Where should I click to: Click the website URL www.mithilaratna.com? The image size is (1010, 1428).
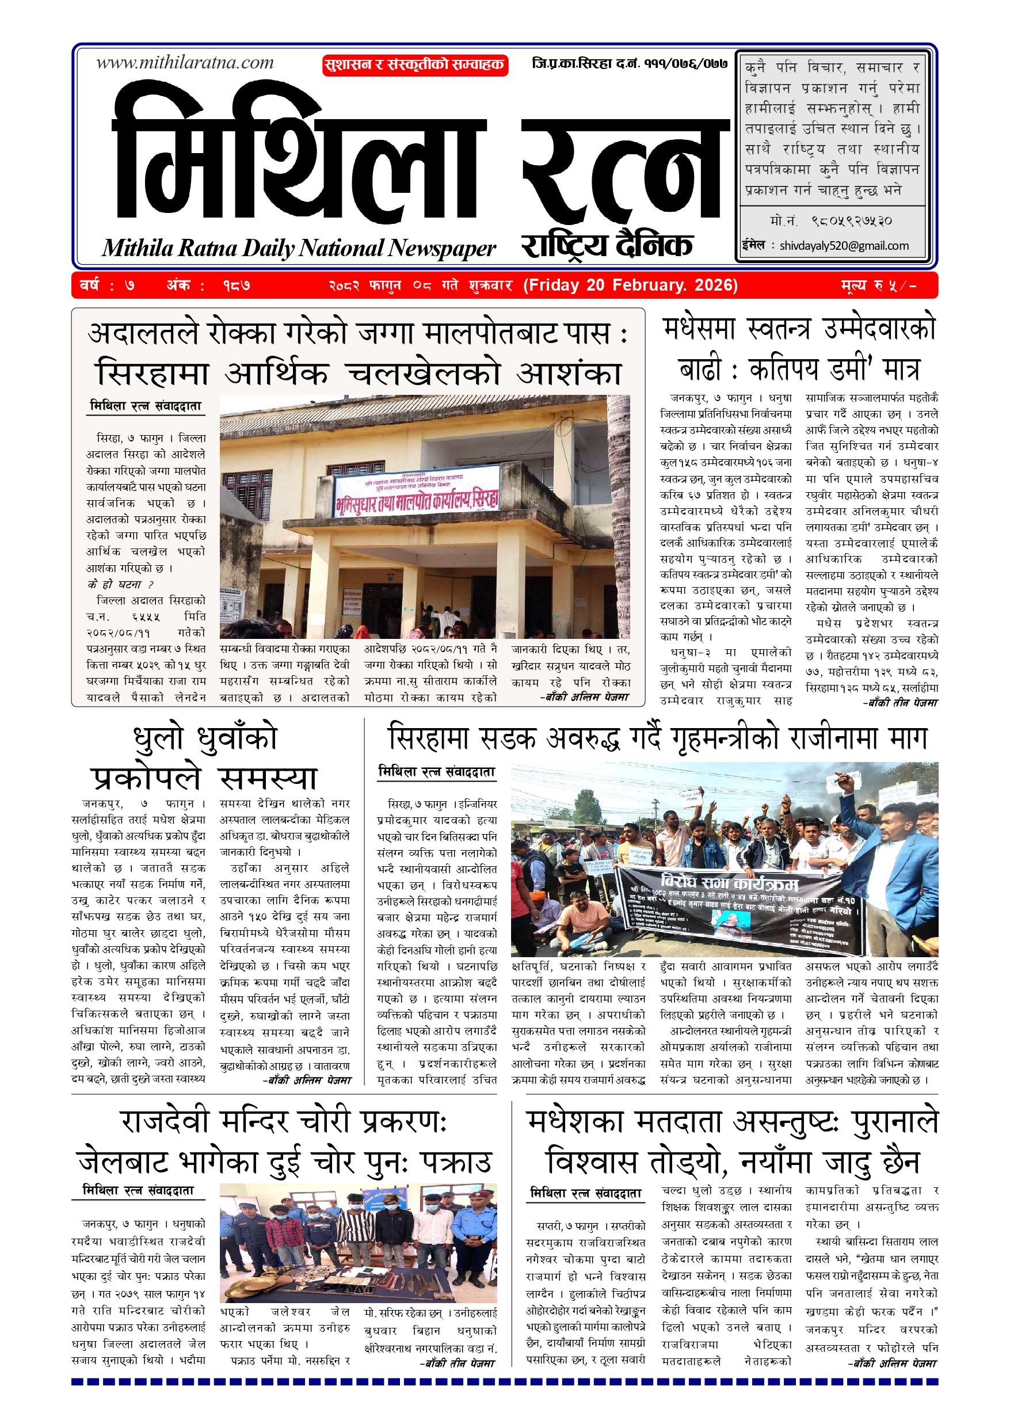coord(185,63)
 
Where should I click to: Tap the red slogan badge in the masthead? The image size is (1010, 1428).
coord(415,64)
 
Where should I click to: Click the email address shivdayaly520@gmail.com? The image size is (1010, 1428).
coord(844,246)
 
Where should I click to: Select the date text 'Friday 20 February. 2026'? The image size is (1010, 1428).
coord(630,285)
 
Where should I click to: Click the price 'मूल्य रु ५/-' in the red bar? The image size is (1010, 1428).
coord(878,285)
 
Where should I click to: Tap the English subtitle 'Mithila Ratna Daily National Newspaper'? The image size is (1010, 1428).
coord(299,248)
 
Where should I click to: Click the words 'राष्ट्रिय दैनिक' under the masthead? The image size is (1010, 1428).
coord(607,245)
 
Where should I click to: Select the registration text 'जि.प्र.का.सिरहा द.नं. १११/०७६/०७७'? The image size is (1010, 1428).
coord(630,63)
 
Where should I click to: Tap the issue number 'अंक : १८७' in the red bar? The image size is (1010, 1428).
coord(208,285)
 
